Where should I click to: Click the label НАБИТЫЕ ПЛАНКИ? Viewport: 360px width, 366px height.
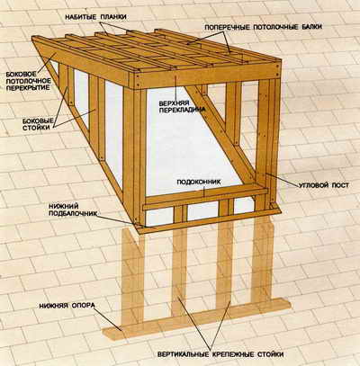tap(96, 17)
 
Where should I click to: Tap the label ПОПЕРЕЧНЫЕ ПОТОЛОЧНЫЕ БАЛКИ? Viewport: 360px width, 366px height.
tap(264, 27)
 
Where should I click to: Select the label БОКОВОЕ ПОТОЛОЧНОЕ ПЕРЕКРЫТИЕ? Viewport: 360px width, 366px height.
tap(28, 81)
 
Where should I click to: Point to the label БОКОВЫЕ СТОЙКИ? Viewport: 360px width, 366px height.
tap(38, 124)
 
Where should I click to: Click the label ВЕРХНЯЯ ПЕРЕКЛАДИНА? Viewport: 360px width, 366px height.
tap(182, 107)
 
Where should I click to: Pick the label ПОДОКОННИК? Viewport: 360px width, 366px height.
tap(199, 182)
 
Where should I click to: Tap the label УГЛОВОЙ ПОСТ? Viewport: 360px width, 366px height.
tap(324, 185)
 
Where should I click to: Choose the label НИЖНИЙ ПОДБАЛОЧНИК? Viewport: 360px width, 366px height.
tap(73, 210)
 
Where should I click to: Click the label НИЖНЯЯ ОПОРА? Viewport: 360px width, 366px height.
tap(67, 306)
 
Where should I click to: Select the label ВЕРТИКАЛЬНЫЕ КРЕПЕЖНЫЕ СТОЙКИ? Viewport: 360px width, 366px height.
tap(220, 354)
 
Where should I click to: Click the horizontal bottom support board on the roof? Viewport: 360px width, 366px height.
tap(196, 318)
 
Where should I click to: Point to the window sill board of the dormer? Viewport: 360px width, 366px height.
tap(205, 198)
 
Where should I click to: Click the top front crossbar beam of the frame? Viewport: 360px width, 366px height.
tap(206, 77)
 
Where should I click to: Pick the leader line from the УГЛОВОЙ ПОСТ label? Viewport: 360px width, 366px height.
tap(282, 180)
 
